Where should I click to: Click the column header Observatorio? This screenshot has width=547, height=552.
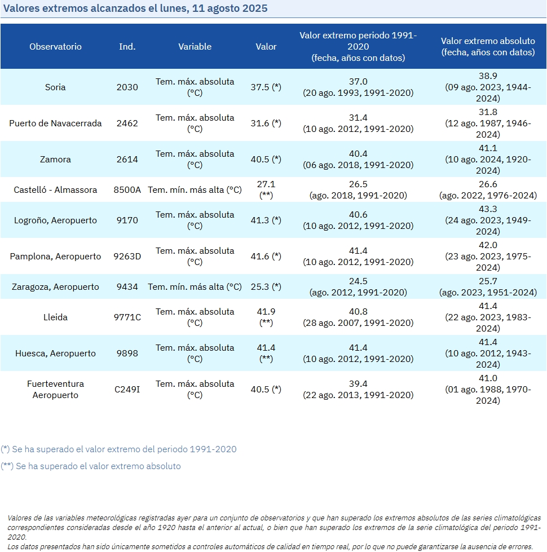pos(55,46)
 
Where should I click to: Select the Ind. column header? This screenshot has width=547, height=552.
pos(127,46)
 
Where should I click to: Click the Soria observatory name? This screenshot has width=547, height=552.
pos(55,87)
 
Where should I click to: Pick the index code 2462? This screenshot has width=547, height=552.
pos(127,123)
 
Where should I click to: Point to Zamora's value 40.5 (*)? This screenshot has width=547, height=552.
pos(266,159)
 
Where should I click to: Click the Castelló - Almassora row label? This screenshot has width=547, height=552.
pos(55,190)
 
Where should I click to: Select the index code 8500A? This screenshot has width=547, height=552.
pos(127,190)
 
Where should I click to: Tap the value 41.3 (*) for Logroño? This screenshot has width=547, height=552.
pos(266,220)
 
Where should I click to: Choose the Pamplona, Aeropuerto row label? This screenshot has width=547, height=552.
pos(55,257)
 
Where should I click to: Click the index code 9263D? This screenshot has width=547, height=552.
pos(127,257)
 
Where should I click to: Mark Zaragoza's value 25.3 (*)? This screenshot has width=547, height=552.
pos(266,286)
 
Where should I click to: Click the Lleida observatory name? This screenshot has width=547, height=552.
pos(55,317)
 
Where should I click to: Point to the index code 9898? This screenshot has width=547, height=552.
pos(127,353)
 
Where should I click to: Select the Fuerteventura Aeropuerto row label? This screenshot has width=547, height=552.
pos(55,390)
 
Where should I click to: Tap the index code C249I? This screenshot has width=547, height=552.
pos(127,390)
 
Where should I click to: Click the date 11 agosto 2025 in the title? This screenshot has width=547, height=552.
pos(230,8)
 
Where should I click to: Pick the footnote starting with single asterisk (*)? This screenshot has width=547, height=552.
pos(118,449)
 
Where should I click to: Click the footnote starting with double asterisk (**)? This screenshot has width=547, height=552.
pos(91,466)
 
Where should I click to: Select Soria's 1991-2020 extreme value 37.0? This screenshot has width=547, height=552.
pos(358,81)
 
